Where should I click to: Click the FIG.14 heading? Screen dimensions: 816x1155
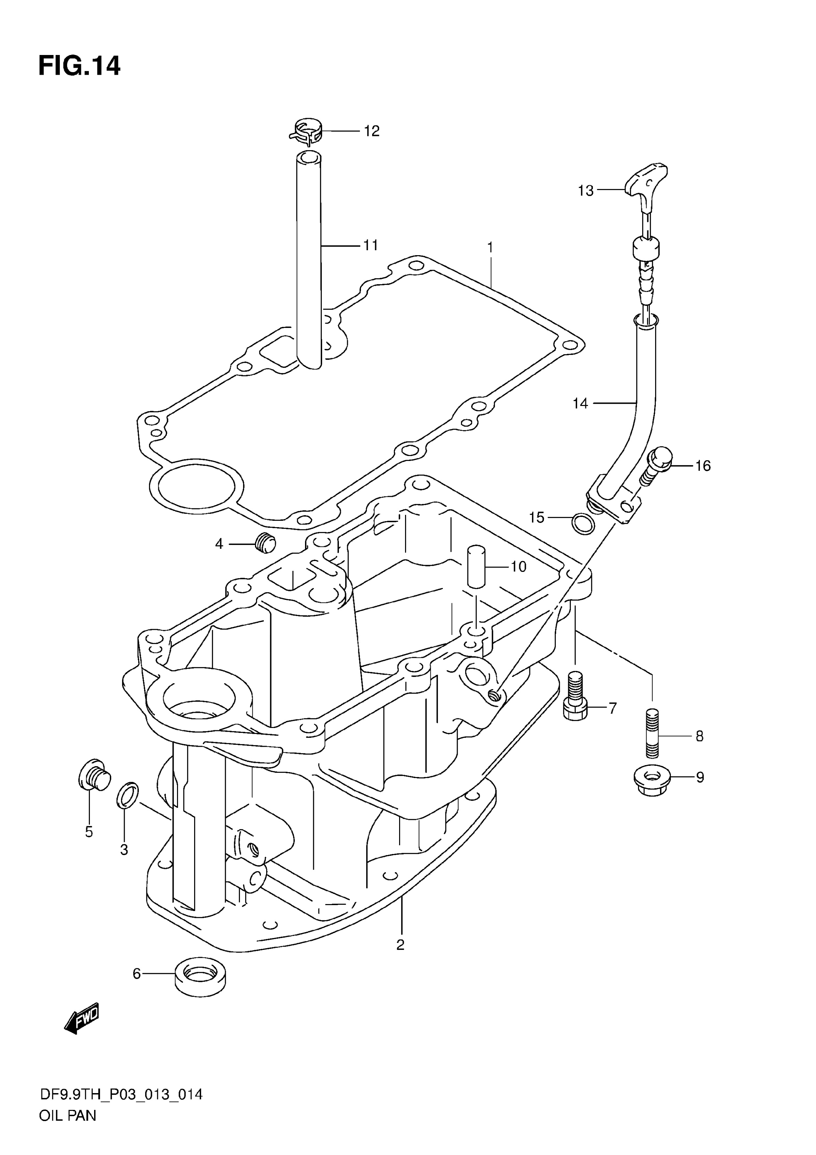point(79,66)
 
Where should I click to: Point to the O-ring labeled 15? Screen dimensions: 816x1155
point(583,525)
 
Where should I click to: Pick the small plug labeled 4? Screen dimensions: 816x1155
point(266,542)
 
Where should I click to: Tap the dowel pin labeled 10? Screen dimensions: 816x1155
point(477,566)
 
